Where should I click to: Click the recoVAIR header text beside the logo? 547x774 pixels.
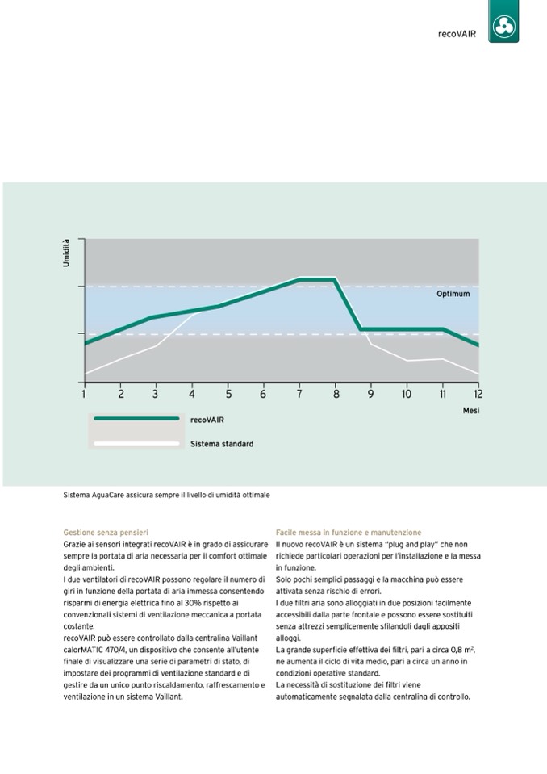coord(456,35)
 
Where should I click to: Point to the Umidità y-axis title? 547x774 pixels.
coord(67,253)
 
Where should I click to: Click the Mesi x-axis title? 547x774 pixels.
coord(471,411)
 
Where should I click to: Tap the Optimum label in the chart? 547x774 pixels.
coord(453,294)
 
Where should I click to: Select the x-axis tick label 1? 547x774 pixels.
coord(84,394)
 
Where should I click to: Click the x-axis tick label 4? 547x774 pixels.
coord(192,394)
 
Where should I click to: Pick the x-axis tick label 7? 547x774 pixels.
coord(299,394)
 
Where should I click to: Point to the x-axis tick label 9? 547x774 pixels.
coord(371,394)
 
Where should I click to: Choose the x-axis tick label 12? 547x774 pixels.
coord(478,394)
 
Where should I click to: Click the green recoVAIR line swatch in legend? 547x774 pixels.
coord(136,419)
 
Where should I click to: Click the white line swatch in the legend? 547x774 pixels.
coord(136,443)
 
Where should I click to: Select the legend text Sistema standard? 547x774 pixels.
coord(222,444)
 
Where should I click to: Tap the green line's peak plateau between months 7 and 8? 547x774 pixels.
coord(317,279)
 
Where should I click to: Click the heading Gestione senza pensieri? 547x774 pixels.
coord(106,533)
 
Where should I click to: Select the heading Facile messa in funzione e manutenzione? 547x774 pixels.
coord(349,533)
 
